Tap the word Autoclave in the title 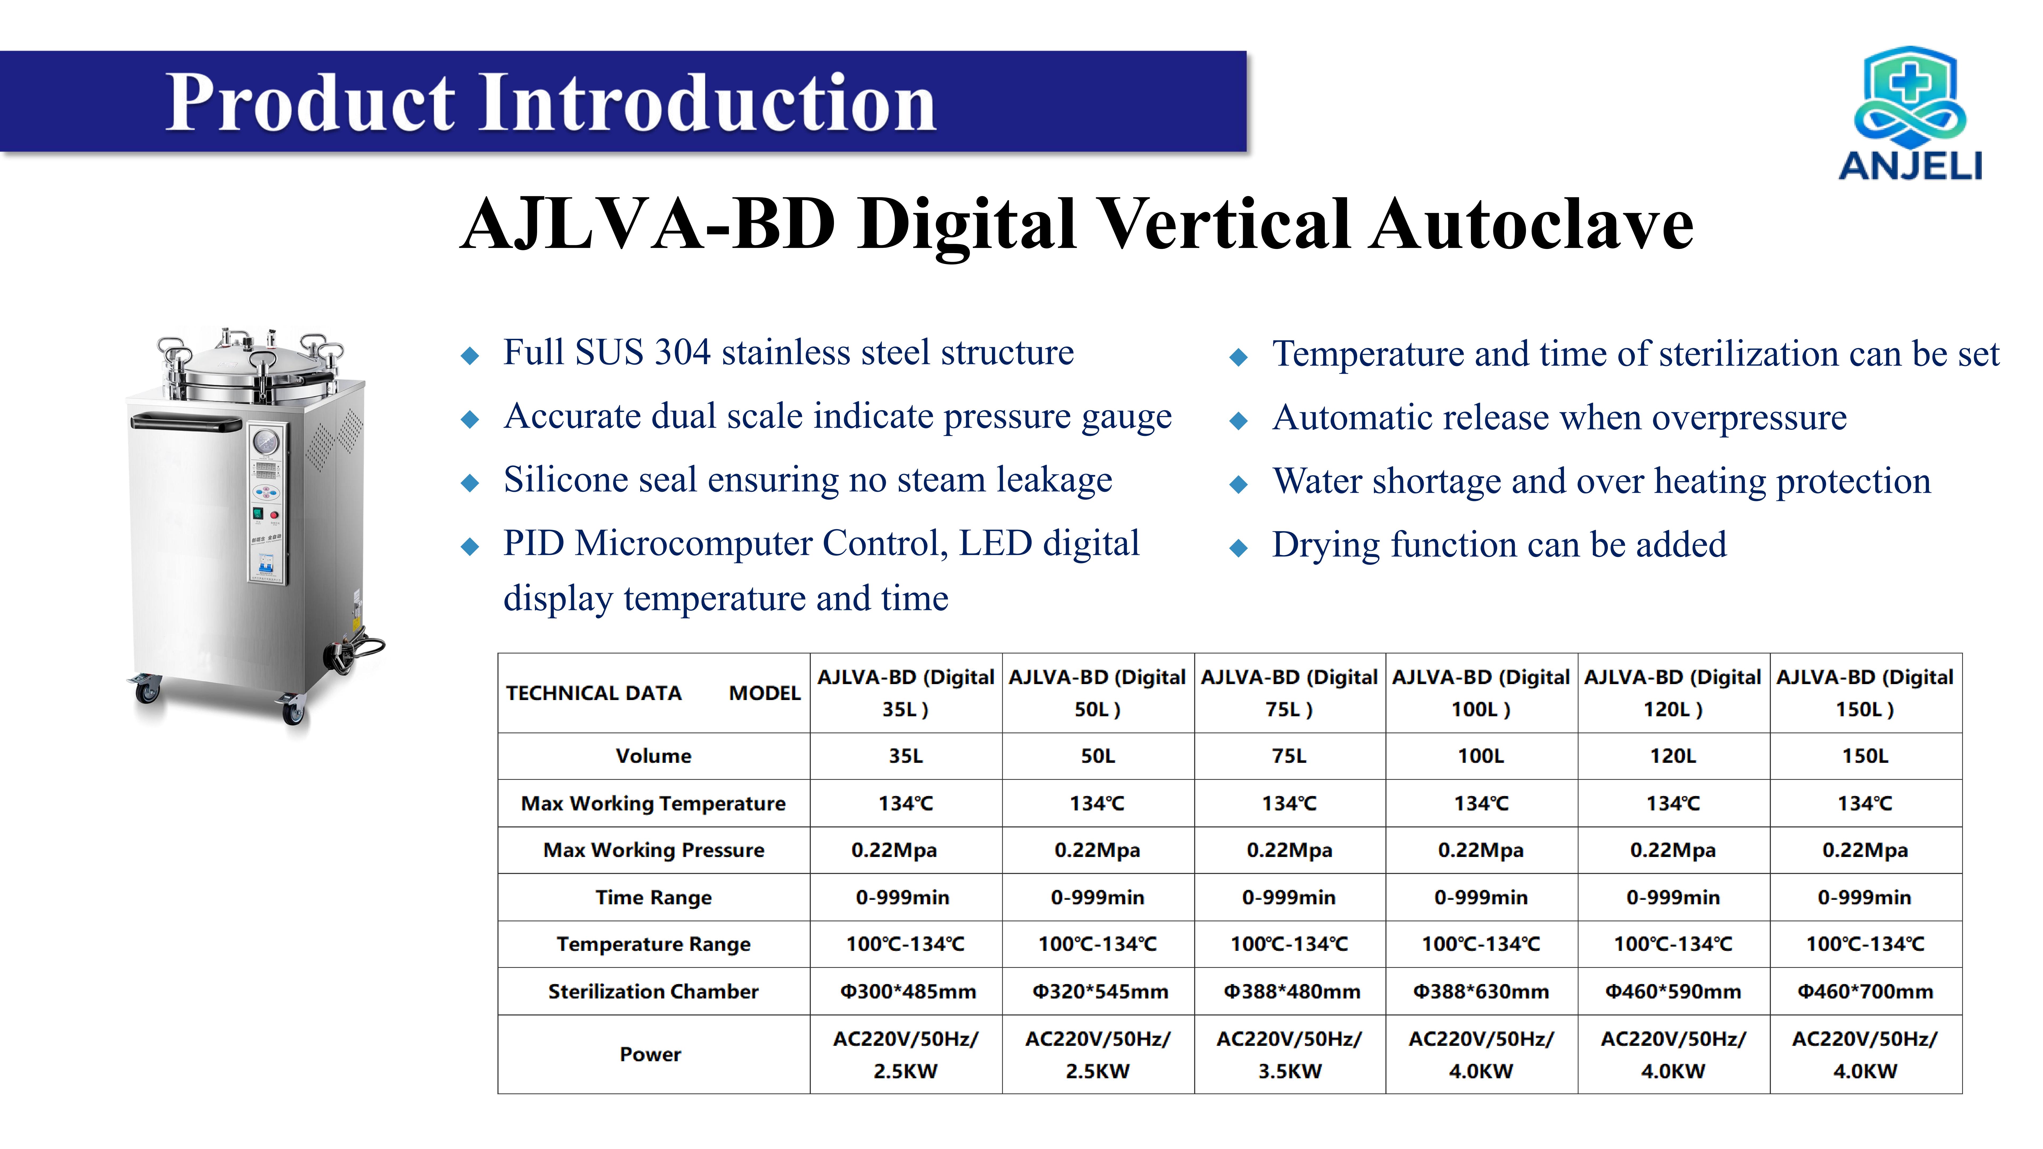(1533, 224)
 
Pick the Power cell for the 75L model (1290, 1055)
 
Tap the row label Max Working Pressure (654, 850)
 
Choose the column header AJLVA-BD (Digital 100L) (1481, 693)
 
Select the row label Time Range (654, 898)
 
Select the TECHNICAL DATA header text (594, 693)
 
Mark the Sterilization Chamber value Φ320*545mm (1099, 991)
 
